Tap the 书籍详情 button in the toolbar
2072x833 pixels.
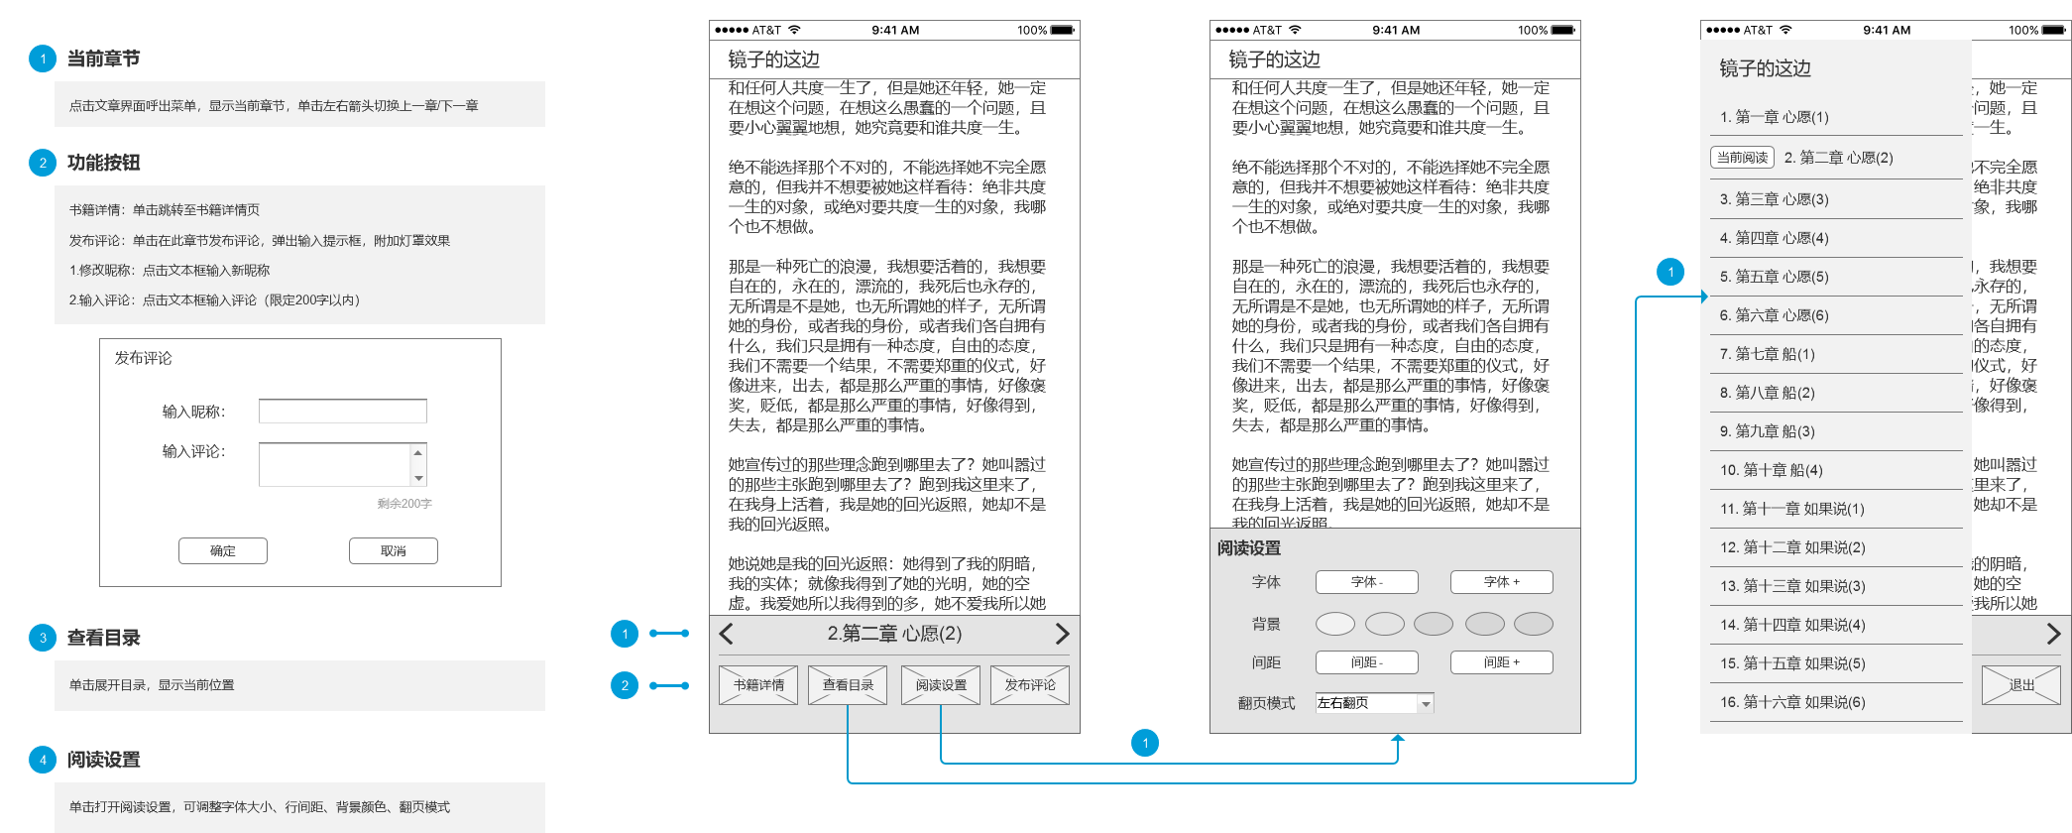pyautogui.click(x=758, y=685)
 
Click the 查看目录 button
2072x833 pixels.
pyautogui.click(x=848, y=685)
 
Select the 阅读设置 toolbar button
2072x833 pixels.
pyautogui.click(x=941, y=685)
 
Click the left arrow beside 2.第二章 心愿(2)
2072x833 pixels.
pyautogui.click(x=727, y=635)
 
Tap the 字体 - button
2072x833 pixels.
pyautogui.click(x=1366, y=582)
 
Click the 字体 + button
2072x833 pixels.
pyautogui.click(x=1501, y=582)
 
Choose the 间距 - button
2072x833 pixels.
pyautogui.click(x=1366, y=662)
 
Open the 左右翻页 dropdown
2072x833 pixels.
pyautogui.click(x=1374, y=703)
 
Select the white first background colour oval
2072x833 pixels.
pyautogui.click(x=1334, y=624)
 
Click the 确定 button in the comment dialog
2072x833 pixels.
pyautogui.click(x=223, y=551)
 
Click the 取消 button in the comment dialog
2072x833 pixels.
pyautogui.click(x=394, y=551)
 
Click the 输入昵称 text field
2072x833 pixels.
pyautogui.click(x=342, y=412)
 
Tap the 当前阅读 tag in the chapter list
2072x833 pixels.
pyautogui.click(x=1742, y=158)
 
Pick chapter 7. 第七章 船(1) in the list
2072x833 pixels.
pyautogui.click(x=1767, y=354)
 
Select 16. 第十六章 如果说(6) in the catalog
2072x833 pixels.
pyautogui.click(x=1791, y=702)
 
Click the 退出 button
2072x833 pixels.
pyautogui.click(x=2020, y=685)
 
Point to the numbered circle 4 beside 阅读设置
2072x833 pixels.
pyautogui.click(x=43, y=760)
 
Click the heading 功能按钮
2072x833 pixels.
pyautogui.click(x=103, y=163)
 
